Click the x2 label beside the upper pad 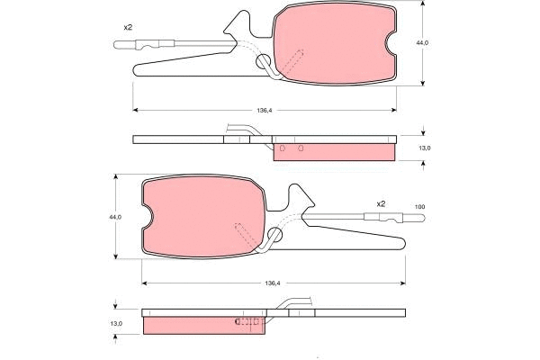[x=128, y=27]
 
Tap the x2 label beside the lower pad [x=381, y=203]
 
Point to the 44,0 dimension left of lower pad [x=114, y=217]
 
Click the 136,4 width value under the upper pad [x=264, y=111]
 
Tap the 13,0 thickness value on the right [x=426, y=148]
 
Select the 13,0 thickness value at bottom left [x=115, y=323]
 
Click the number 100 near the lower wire [x=419, y=208]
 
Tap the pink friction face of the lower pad [x=202, y=216]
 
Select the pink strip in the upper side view [x=333, y=151]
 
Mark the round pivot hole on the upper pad [x=265, y=62]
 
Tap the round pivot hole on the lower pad [x=274, y=235]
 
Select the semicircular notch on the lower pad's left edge [x=147, y=217]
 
